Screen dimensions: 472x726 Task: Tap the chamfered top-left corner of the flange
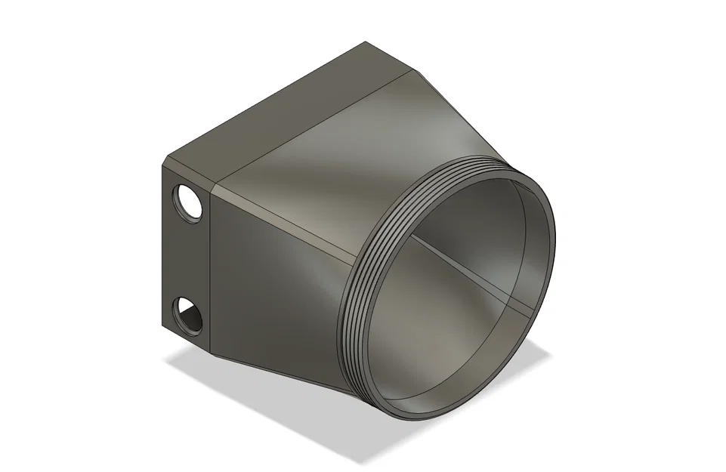(x=165, y=161)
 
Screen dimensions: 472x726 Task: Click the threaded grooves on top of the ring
(x=468, y=168)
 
